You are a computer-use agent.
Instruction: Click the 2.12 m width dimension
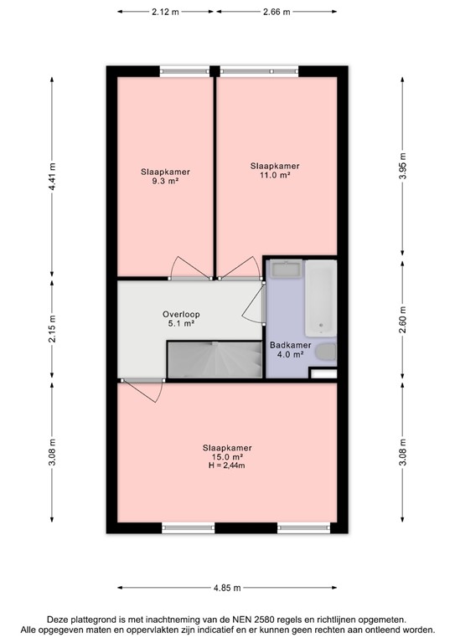165,12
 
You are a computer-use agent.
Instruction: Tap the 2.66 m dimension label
276,12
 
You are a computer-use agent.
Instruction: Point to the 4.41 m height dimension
52,177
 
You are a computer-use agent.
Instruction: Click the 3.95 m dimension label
403,167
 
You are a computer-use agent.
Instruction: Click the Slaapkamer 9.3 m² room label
164,177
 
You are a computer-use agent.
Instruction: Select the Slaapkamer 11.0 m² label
275,171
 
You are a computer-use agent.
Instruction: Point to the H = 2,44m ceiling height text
227,466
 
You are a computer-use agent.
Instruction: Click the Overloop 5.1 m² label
181,318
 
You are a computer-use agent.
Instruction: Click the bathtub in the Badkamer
321,298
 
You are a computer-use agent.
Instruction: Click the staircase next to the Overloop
213,360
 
